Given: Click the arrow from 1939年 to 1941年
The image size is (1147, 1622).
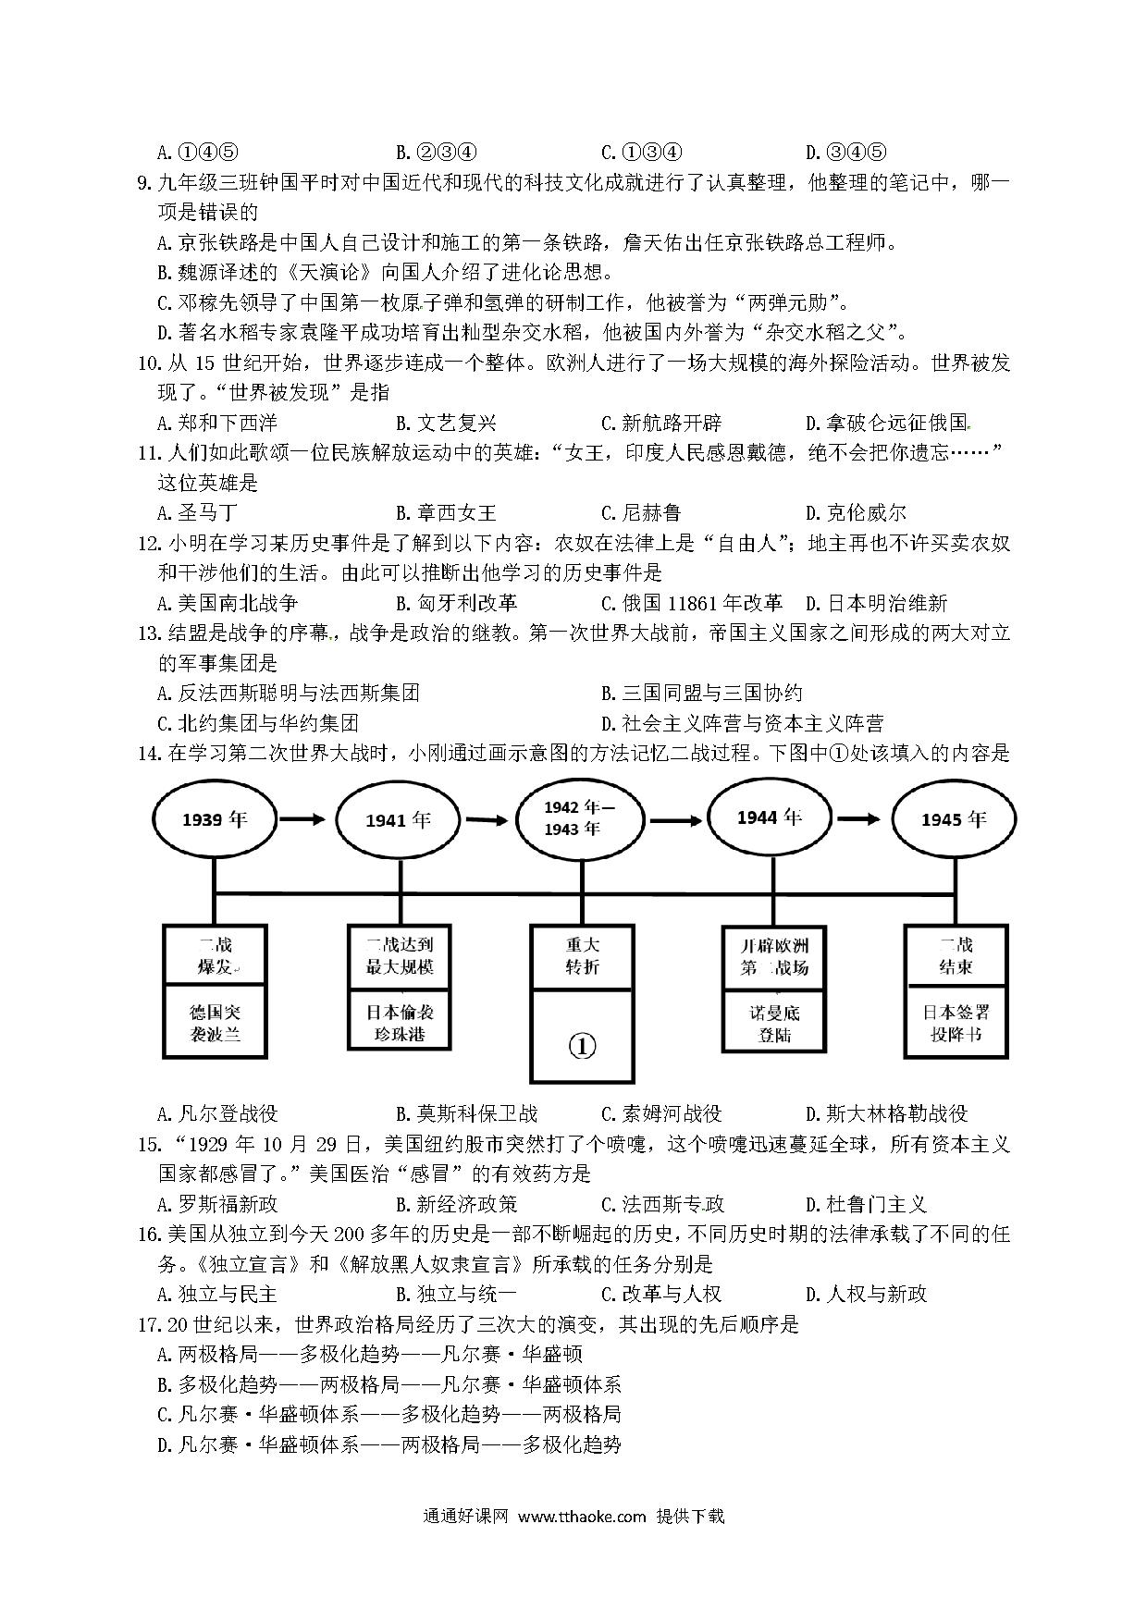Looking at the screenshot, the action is coord(302,819).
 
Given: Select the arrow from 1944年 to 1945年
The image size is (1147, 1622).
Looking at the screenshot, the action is coord(858,818).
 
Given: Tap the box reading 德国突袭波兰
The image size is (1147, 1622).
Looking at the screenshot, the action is coord(215,1022).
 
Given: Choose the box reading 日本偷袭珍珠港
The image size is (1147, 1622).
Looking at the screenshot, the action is coord(400,1021).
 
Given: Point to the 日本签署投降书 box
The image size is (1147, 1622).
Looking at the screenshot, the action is coord(956,1022).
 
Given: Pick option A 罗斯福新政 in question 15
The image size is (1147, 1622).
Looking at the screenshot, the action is coord(217,1204).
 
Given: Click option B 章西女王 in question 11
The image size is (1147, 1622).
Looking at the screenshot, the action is coord(446,512).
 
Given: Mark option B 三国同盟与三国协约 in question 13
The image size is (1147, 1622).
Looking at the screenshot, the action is coord(701,694).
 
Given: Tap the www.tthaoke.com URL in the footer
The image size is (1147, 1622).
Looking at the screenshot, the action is coord(581,1516).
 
